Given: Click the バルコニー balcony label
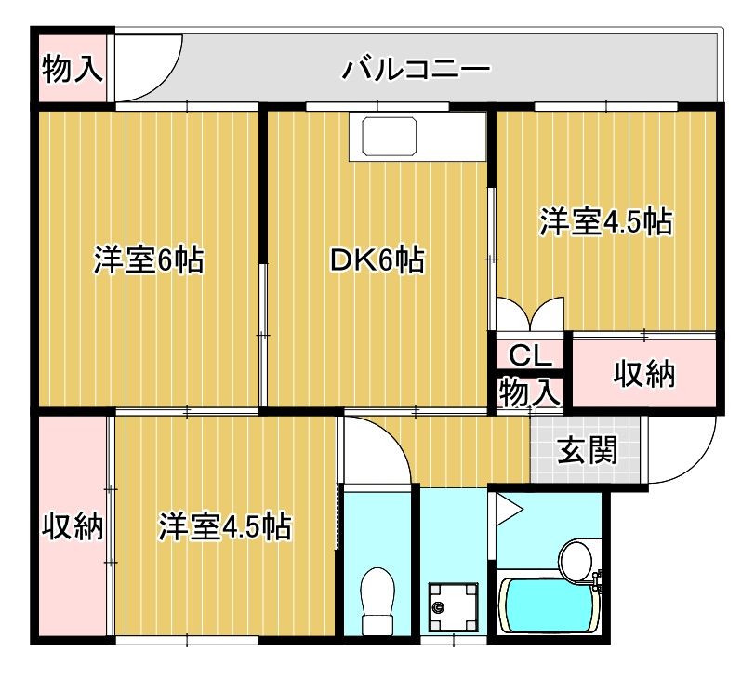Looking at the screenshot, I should tap(416, 68).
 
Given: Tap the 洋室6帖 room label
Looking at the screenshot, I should tap(149, 260).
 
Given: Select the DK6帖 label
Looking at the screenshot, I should tap(377, 260).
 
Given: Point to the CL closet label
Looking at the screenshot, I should tap(530, 354).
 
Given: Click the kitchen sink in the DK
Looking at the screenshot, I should tap(391, 138).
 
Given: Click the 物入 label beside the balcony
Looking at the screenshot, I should tap(73, 68).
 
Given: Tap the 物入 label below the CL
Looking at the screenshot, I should tap(529, 392).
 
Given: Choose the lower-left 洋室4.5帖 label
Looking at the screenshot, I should tap(225, 527).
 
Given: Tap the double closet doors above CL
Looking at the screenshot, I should tap(530, 313).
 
